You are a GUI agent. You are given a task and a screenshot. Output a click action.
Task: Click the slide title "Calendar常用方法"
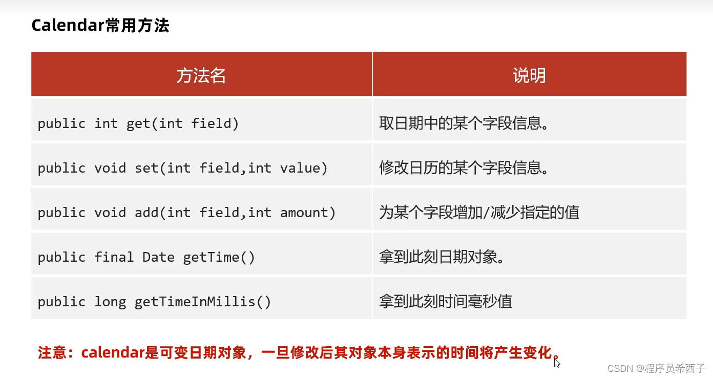(100, 26)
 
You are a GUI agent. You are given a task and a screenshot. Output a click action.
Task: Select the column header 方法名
(201, 75)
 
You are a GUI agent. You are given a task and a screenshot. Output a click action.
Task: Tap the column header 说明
(529, 75)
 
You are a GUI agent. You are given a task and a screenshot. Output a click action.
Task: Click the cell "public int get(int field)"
(138, 123)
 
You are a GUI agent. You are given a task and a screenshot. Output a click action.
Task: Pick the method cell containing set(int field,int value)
(182, 168)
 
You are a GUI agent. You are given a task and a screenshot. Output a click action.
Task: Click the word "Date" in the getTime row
(158, 257)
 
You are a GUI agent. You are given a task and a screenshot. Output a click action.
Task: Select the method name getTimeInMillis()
(203, 302)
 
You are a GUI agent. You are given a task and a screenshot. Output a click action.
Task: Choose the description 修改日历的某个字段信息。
(464, 168)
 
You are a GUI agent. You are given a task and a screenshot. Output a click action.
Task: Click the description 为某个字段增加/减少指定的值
(479, 213)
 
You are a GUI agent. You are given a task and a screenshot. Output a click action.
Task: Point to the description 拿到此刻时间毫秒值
(446, 302)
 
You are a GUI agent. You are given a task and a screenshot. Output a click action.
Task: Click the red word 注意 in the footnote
(52, 353)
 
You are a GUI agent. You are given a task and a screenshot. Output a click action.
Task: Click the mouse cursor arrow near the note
(557, 362)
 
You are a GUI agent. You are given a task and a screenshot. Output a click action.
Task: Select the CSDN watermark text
(656, 368)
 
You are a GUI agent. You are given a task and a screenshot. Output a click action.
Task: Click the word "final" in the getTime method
(114, 257)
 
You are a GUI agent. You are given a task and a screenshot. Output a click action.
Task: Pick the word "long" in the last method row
(110, 302)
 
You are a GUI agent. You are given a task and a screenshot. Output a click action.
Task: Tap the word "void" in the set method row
(110, 168)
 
